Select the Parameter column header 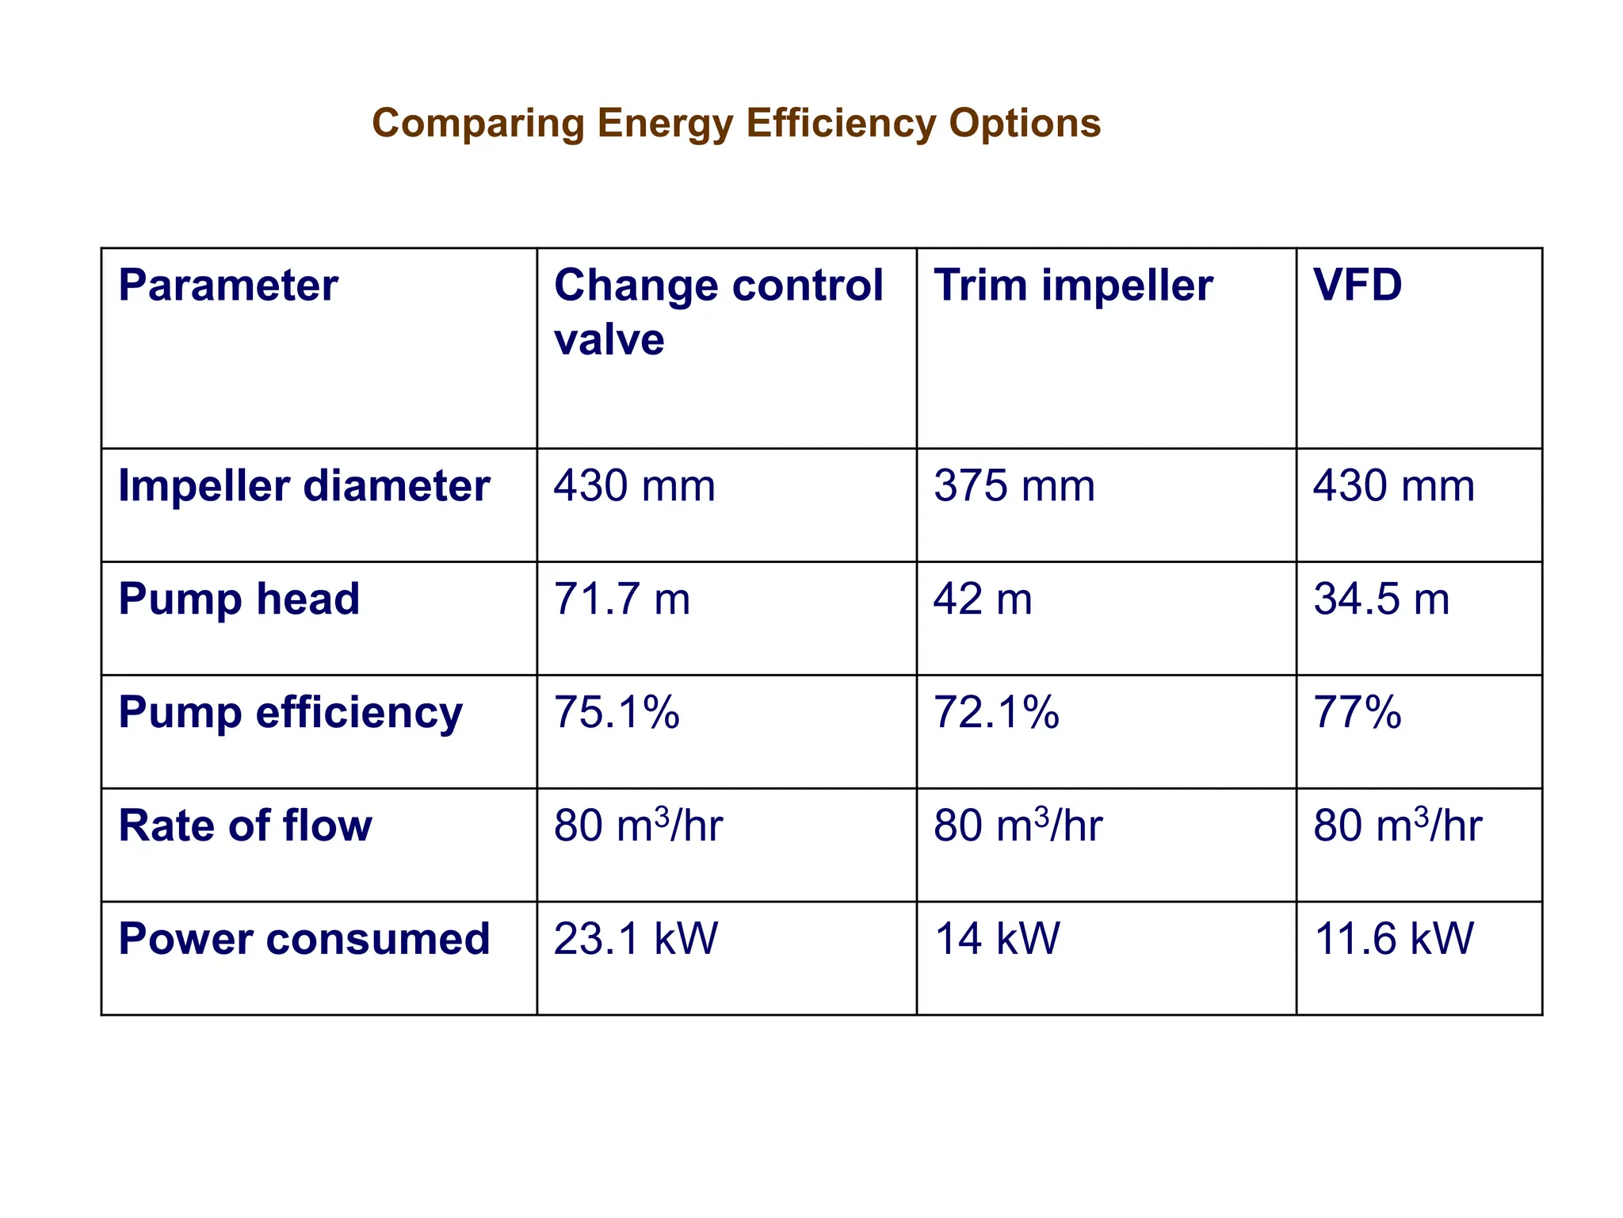pyautogui.click(x=228, y=285)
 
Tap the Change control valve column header pyautogui.click(x=717, y=312)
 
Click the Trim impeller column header pyautogui.click(x=1073, y=285)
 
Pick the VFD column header pyautogui.click(x=1358, y=285)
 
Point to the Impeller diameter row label pyautogui.click(x=304, y=486)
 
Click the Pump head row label pyautogui.click(x=239, y=599)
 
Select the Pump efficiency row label pyautogui.click(x=290, y=713)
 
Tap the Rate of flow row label pyautogui.click(x=245, y=826)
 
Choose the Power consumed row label pyautogui.click(x=304, y=940)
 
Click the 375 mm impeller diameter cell pyautogui.click(x=1014, y=486)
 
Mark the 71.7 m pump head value pyautogui.click(x=621, y=599)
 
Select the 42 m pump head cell pyautogui.click(x=983, y=599)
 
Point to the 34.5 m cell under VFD pyautogui.click(x=1381, y=599)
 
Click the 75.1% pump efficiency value pyautogui.click(x=617, y=713)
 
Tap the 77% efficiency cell pyautogui.click(x=1358, y=713)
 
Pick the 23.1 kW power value pyautogui.click(x=636, y=940)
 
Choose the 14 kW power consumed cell pyautogui.click(x=996, y=940)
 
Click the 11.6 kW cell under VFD pyautogui.click(x=1393, y=940)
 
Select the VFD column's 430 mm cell pyautogui.click(x=1393, y=486)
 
